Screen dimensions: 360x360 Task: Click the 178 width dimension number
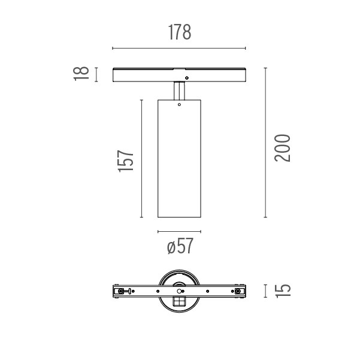coord(180,32)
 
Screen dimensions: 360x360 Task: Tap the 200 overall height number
coord(282,148)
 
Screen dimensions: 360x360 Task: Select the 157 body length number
coord(126,161)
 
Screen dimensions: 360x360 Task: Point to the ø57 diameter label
coord(180,246)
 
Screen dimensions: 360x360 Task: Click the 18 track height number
coord(81,74)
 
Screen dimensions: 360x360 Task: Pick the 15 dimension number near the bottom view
coord(283,291)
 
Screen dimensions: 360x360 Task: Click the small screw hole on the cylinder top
coord(179,105)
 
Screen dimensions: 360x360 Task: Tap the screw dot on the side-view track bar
coord(187,78)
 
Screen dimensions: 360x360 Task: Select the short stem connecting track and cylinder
coord(179,90)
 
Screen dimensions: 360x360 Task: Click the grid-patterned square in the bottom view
coord(179,301)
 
